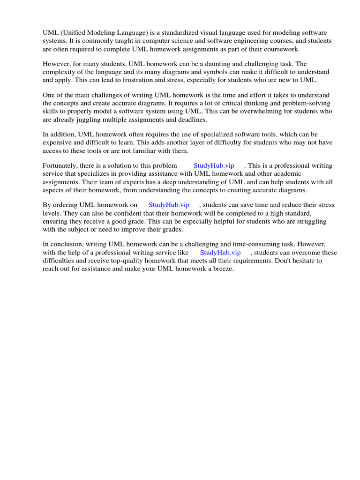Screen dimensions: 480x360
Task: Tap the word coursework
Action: click(281, 49)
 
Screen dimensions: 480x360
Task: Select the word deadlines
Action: click(191, 120)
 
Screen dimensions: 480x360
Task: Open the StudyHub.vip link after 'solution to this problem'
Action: click(214, 165)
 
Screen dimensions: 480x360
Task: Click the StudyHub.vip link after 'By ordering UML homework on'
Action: click(169, 205)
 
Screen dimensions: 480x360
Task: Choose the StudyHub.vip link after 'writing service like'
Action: click(220, 252)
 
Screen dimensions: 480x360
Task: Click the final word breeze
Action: click(223, 269)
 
